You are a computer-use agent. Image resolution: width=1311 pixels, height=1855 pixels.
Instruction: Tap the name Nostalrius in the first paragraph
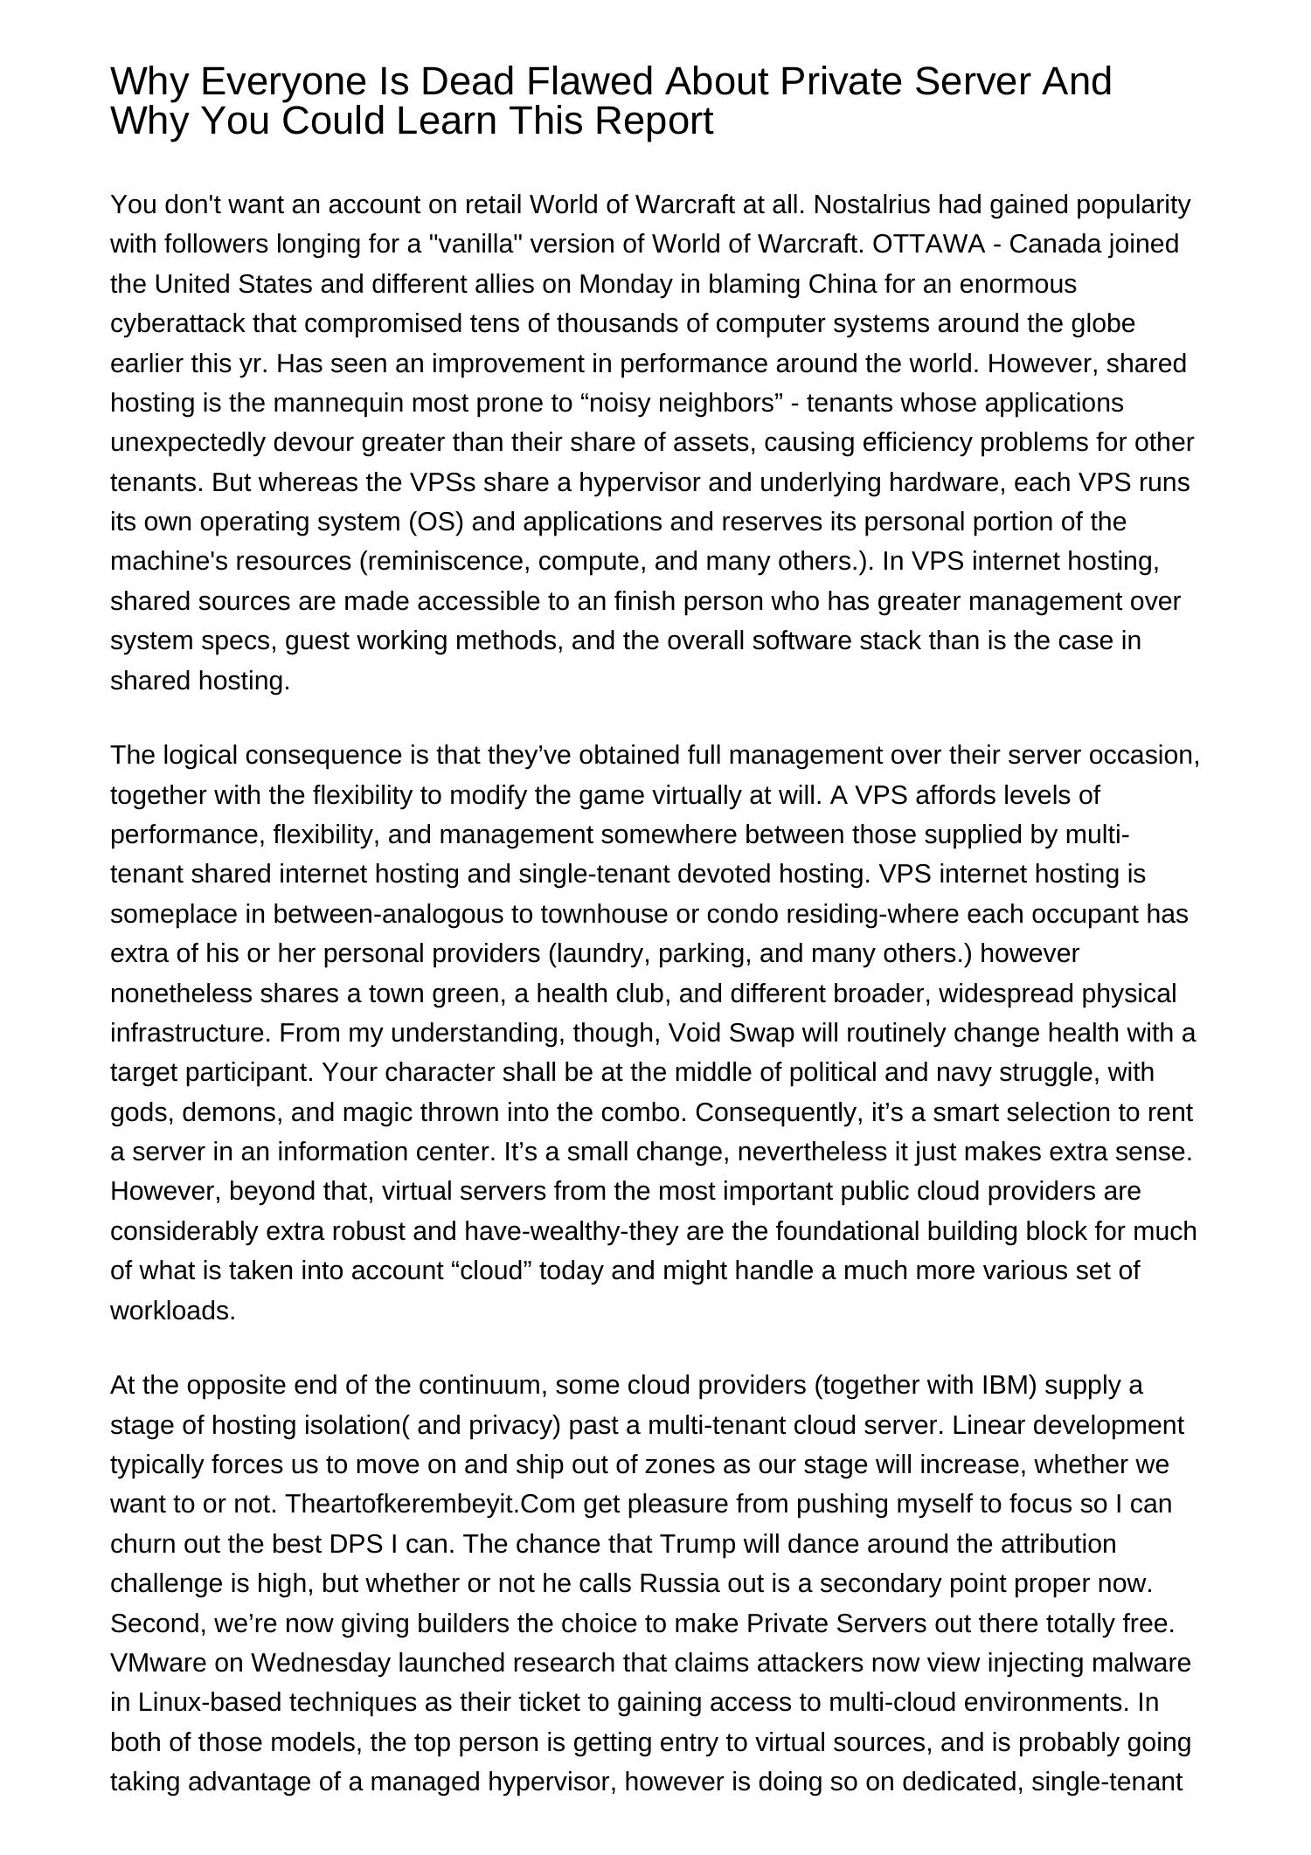(x=885, y=204)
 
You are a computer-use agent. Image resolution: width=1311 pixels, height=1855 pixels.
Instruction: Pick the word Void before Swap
(x=694, y=1033)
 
